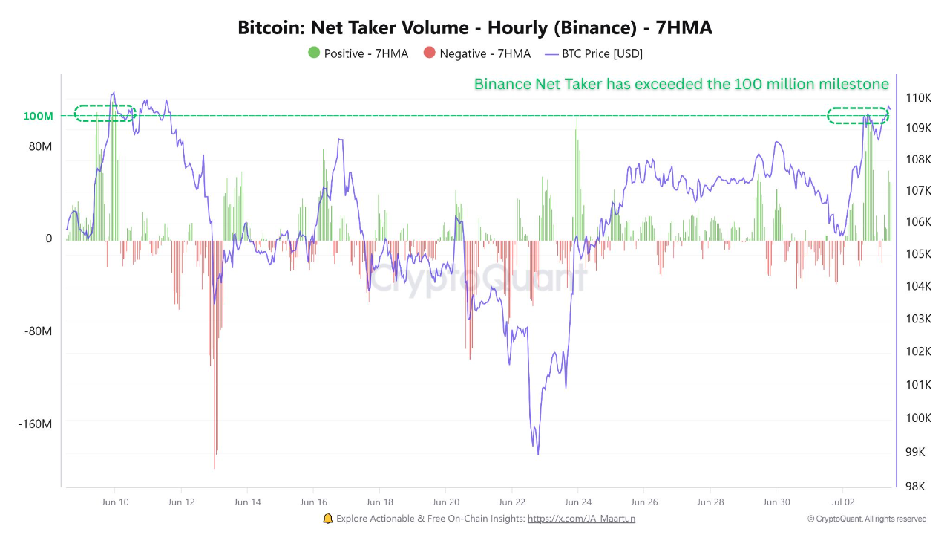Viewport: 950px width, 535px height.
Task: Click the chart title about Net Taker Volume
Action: point(475,28)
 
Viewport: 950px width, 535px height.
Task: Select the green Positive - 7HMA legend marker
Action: point(314,53)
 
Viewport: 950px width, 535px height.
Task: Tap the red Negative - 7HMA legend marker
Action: point(429,53)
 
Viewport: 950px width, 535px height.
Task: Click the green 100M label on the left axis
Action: point(38,117)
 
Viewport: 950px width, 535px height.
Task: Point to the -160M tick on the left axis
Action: point(35,424)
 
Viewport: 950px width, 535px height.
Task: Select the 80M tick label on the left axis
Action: point(40,146)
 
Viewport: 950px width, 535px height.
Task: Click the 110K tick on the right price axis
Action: point(918,97)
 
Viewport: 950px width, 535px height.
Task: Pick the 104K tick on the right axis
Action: point(918,286)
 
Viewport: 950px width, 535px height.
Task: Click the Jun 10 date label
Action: point(114,502)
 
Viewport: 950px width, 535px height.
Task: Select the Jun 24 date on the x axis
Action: point(577,502)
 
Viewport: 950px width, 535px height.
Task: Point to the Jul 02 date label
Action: point(842,502)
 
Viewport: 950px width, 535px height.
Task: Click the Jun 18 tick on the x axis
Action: point(379,502)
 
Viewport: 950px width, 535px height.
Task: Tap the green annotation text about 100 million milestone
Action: point(681,84)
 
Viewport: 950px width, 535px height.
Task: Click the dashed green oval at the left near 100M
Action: point(105,113)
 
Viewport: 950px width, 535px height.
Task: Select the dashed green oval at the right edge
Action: point(858,115)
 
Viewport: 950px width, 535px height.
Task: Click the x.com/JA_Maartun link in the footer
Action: point(581,519)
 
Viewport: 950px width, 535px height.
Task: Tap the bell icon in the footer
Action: point(328,519)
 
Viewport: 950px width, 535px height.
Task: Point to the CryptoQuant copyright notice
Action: point(866,519)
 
